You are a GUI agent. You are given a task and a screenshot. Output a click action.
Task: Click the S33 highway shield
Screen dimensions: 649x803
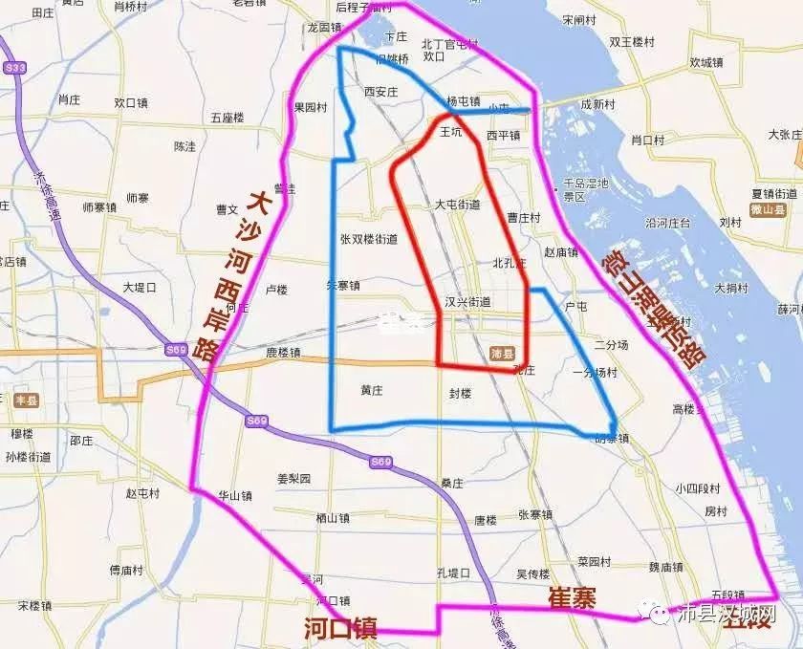(13, 68)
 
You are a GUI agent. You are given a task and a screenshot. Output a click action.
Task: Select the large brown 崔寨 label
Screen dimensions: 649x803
(572, 598)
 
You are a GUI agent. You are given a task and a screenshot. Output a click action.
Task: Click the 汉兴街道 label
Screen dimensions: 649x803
(468, 301)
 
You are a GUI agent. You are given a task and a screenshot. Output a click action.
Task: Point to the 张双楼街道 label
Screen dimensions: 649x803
(369, 239)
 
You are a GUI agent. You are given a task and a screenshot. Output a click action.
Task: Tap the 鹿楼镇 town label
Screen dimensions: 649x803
(283, 353)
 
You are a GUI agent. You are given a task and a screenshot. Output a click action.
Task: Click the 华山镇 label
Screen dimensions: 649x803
(235, 496)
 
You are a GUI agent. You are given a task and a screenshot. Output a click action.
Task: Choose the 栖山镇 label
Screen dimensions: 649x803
(332, 518)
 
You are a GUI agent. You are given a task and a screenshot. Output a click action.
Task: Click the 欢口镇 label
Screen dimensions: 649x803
(131, 102)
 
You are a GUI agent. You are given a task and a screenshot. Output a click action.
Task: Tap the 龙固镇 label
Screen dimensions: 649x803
(324, 28)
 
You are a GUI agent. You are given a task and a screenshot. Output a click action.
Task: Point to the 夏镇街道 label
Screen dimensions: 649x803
(774, 193)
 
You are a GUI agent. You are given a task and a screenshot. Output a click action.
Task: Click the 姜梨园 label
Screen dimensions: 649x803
(293, 478)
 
